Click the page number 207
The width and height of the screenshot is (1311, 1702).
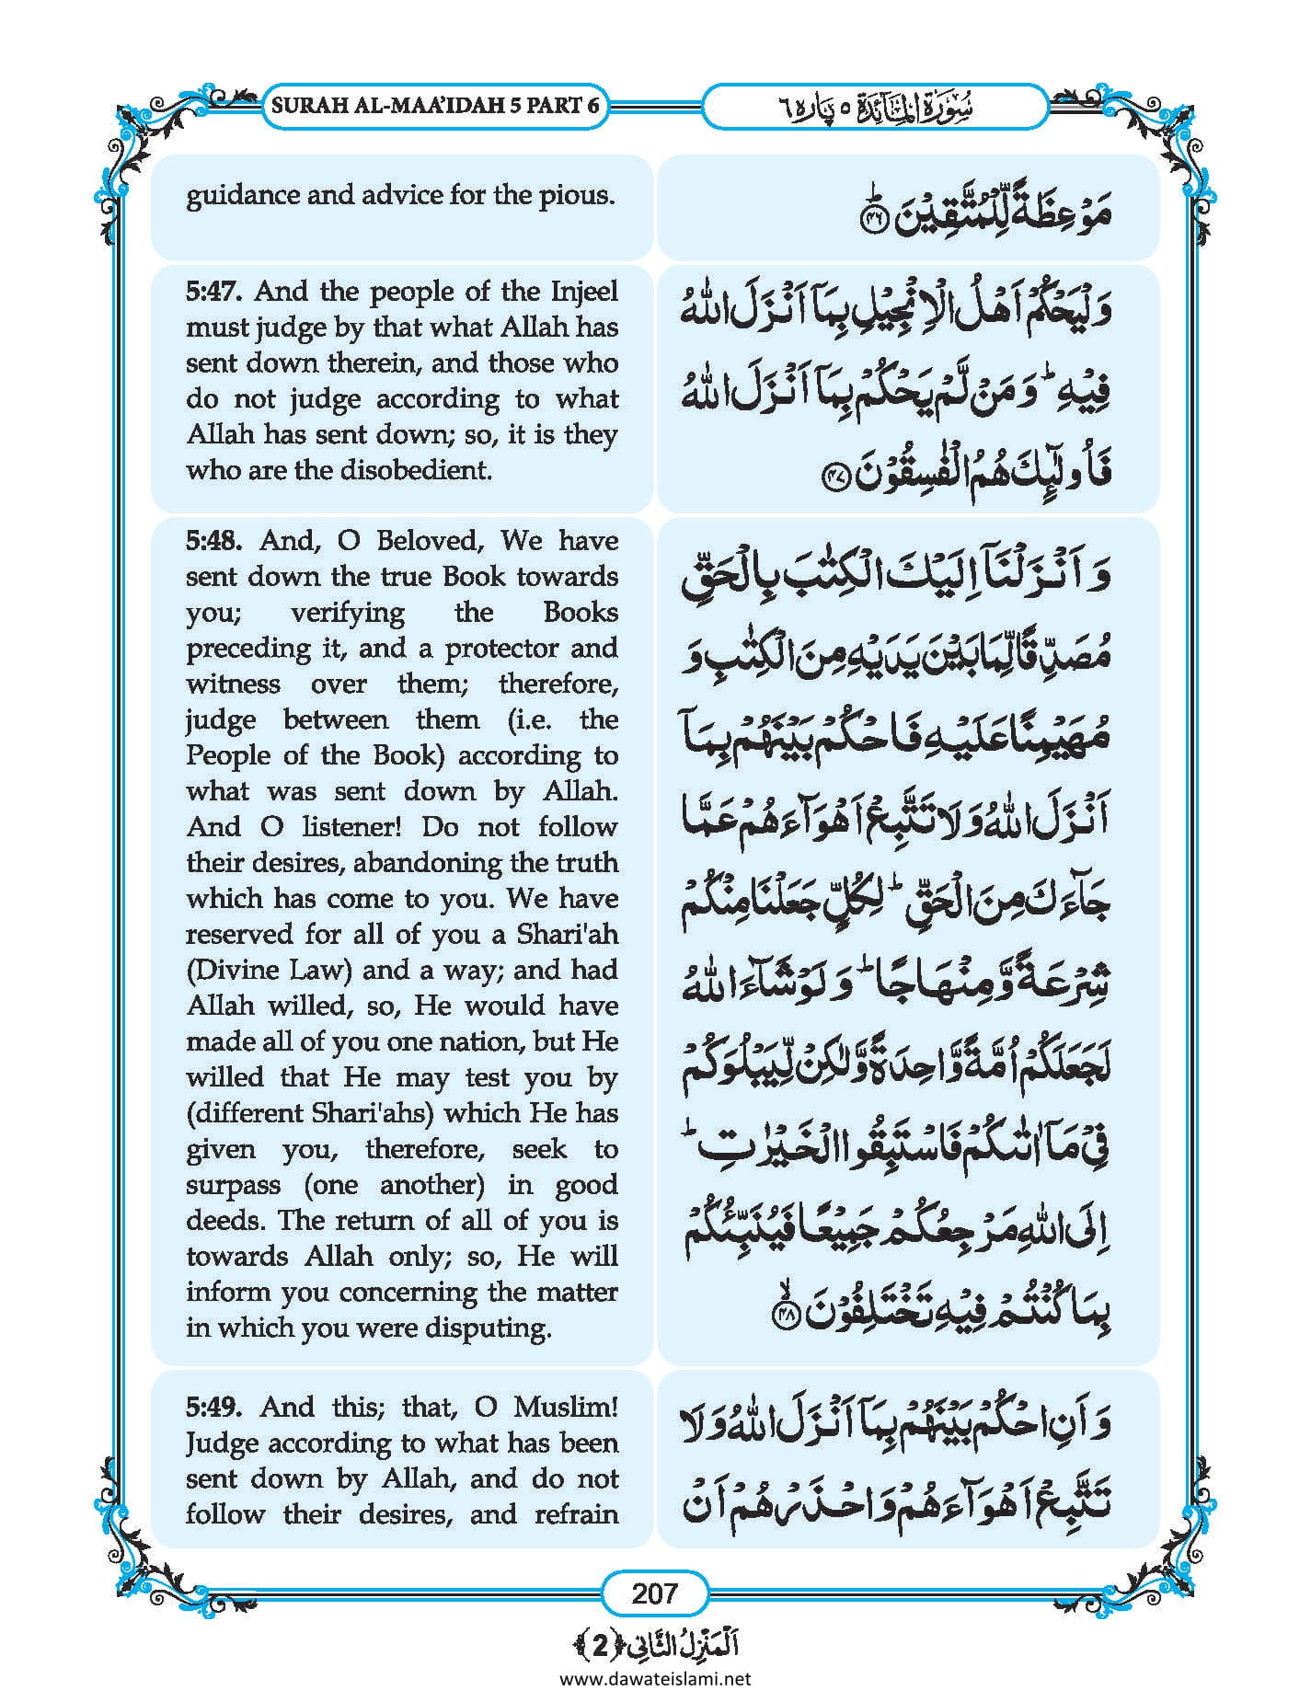(x=654, y=1593)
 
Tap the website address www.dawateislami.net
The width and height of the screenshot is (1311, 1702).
(x=655, y=1678)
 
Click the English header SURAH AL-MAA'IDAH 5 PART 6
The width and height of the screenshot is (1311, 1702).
(x=436, y=105)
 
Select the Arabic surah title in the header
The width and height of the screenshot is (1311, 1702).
(x=874, y=107)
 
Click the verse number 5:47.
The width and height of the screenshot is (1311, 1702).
(x=214, y=292)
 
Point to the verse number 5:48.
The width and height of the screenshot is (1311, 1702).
(x=214, y=540)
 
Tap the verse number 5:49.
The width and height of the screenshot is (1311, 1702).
(x=214, y=1407)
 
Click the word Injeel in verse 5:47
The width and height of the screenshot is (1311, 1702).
(x=584, y=292)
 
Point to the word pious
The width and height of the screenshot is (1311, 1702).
(x=582, y=195)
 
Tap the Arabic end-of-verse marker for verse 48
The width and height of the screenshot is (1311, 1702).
(x=786, y=1316)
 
